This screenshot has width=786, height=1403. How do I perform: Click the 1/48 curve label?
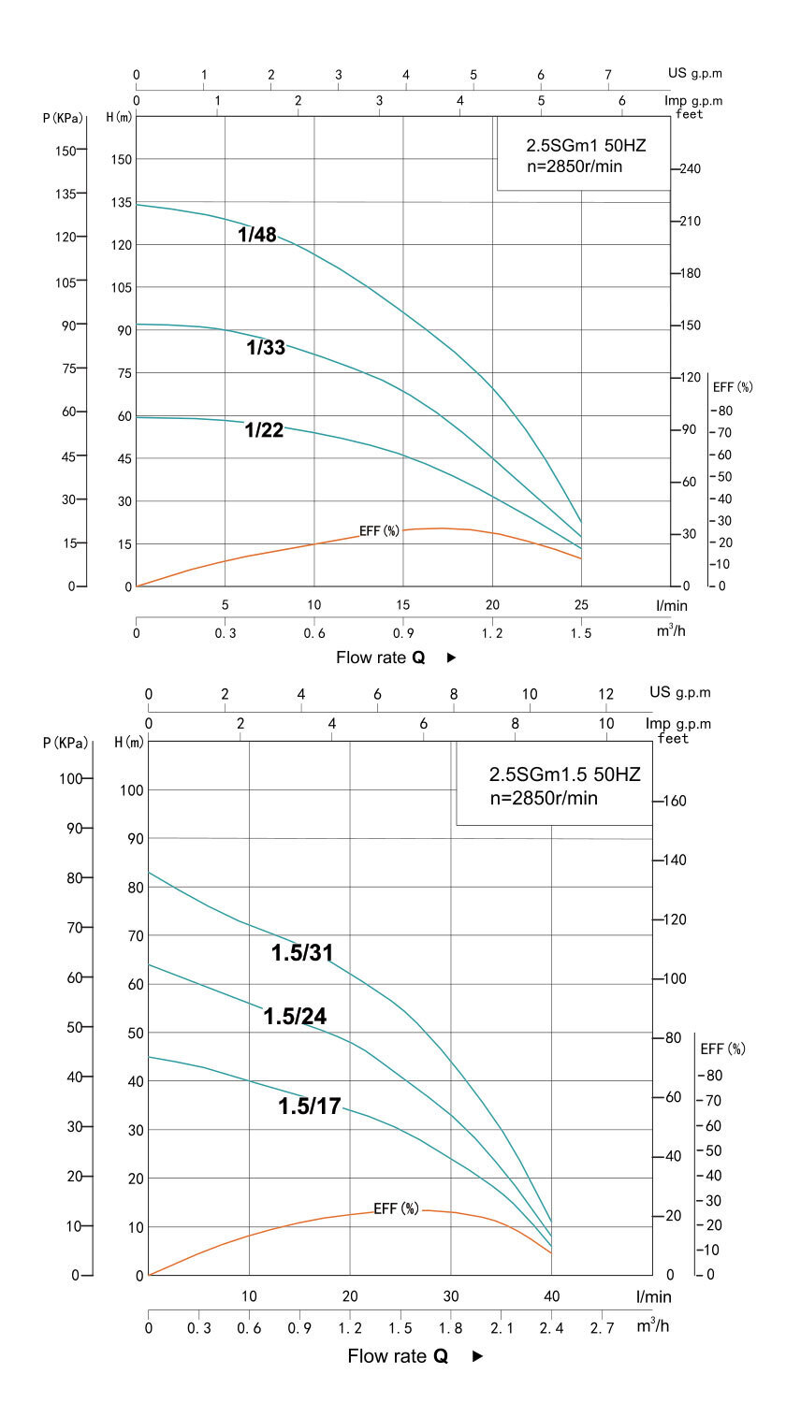pyautogui.click(x=256, y=235)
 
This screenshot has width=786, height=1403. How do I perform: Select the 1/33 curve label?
pyautogui.click(x=266, y=348)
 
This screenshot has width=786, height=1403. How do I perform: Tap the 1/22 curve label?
pyautogui.click(x=264, y=430)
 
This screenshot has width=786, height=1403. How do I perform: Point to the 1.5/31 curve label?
pyautogui.click(x=302, y=953)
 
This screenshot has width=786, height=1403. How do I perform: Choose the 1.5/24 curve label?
pyautogui.click(x=295, y=1017)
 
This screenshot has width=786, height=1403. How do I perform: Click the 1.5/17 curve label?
pyautogui.click(x=309, y=1106)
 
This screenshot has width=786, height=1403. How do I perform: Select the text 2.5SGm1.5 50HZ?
pyautogui.click(x=565, y=775)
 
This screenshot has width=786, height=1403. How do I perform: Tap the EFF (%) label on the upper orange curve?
pyautogui.click(x=379, y=531)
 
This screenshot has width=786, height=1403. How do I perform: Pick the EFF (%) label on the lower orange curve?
pyautogui.click(x=397, y=1208)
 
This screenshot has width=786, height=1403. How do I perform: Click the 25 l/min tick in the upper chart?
pyautogui.click(x=581, y=604)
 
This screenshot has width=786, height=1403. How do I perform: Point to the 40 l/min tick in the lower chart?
pyautogui.click(x=551, y=1296)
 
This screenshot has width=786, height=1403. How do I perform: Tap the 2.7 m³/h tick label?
pyautogui.click(x=602, y=1327)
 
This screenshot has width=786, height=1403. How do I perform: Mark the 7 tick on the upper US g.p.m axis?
pyautogui.click(x=608, y=75)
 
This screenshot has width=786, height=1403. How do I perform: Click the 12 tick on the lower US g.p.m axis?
pyautogui.click(x=605, y=693)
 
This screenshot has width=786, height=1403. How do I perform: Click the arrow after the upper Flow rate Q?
pyautogui.click(x=451, y=658)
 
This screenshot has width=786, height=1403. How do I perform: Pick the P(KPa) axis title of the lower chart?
pyautogui.click(x=65, y=744)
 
